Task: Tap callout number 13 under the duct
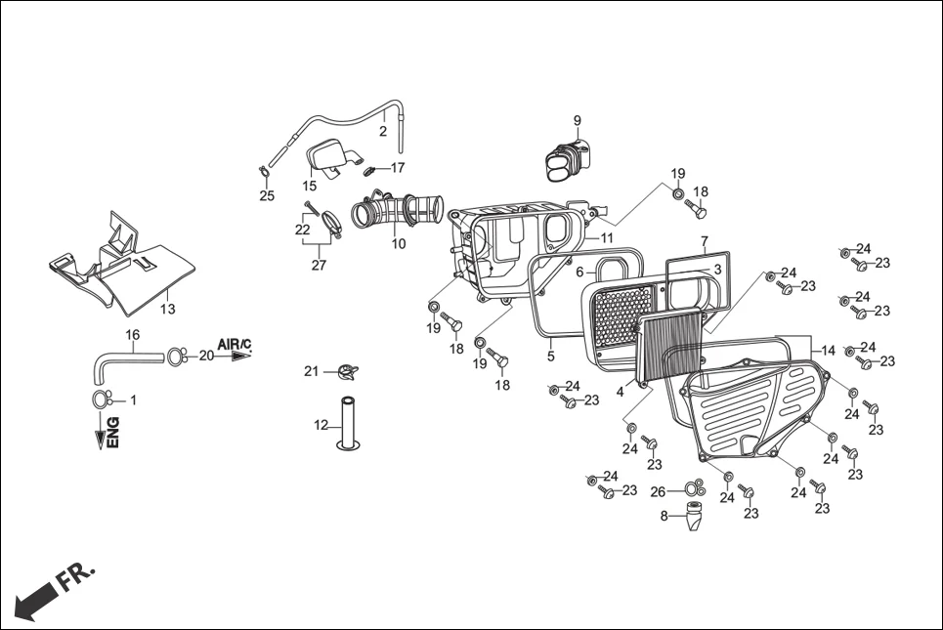tap(168, 310)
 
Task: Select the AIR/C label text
tap(235, 345)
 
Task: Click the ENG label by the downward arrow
tap(112, 432)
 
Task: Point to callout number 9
tap(577, 121)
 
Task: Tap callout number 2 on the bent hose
tap(383, 131)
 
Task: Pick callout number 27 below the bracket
tap(319, 265)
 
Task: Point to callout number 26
tap(658, 491)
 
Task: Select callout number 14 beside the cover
tap(828, 350)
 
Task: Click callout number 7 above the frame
tap(704, 239)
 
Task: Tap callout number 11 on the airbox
tap(607, 237)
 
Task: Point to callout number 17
tap(397, 167)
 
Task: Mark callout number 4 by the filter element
tap(620, 392)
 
